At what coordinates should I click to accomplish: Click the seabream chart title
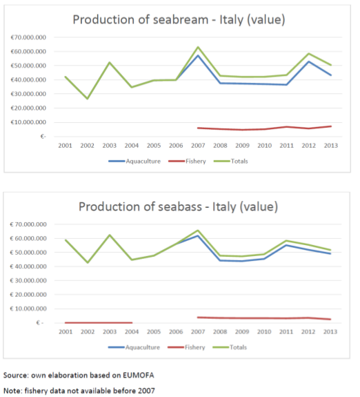(x=179, y=20)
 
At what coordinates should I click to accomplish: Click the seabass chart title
(x=178, y=206)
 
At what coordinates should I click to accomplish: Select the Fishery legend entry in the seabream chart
(x=187, y=162)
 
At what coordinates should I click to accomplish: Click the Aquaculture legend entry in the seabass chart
(x=134, y=347)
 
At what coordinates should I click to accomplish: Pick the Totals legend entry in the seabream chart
(x=231, y=162)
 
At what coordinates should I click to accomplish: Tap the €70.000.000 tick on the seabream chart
(x=28, y=37)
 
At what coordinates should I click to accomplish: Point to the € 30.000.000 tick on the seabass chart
(x=28, y=280)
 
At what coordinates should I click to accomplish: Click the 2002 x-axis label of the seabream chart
(x=88, y=146)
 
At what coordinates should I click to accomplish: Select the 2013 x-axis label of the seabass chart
(x=330, y=331)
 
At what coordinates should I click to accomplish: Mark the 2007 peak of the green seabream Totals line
(x=198, y=47)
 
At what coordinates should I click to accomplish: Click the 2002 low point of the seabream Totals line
(x=88, y=99)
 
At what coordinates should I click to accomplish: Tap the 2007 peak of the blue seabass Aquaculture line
(x=197, y=235)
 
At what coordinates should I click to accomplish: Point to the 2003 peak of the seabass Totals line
(x=110, y=235)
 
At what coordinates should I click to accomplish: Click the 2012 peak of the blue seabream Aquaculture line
(x=309, y=61)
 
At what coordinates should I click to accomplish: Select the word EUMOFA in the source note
(x=139, y=375)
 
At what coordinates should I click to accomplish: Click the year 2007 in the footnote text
(x=146, y=391)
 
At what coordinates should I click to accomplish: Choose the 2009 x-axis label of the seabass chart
(x=242, y=331)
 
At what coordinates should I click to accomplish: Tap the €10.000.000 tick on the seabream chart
(x=28, y=122)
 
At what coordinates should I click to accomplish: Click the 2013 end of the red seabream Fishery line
(x=331, y=126)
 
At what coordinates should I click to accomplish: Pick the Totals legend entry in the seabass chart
(x=230, y=347)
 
